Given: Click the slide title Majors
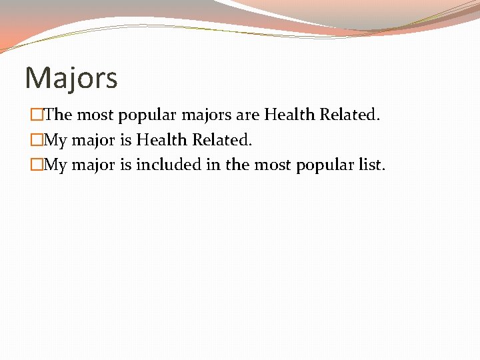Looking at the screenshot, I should coord(71,78).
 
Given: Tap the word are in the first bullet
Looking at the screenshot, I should coord(248,115).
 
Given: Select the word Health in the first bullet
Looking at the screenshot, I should coord(289,115).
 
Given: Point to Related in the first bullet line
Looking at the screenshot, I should coord(349,115).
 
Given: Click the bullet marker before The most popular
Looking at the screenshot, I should coord(36,115).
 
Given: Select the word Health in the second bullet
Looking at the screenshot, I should coord(161,139).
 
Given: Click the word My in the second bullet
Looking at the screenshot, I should coord(55,140).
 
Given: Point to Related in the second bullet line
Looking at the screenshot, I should coord(221,139).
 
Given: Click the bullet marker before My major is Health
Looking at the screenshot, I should coord(36,140).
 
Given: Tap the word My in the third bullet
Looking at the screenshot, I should coord(55,165).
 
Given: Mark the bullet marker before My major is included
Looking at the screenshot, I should coord(36,165).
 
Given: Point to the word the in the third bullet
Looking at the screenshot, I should coord(236,164).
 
